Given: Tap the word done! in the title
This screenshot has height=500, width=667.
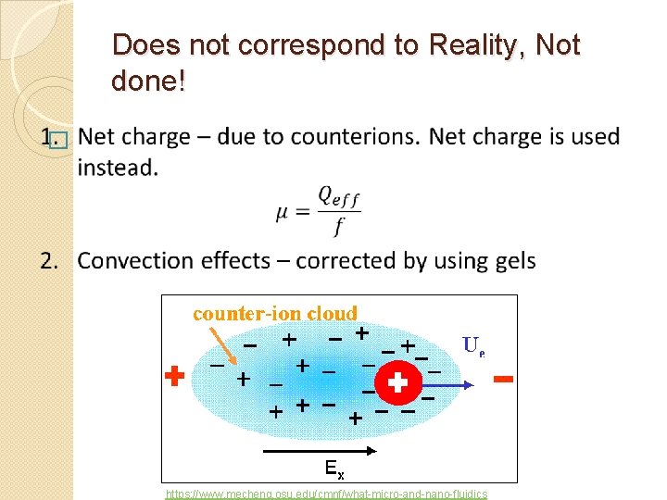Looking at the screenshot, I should (x=148, y=81).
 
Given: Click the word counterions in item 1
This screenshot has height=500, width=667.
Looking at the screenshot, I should (x=363, y=136).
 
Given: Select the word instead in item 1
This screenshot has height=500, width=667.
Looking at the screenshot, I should (x=118, y=168).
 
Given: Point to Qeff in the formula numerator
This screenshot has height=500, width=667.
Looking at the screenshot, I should (x=338, y=195).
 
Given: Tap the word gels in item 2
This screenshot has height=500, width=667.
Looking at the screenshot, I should (x=511, y=260).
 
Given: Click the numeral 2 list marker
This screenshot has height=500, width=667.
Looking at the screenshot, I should (x=48, y=260).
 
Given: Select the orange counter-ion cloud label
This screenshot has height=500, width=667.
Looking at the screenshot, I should (x=275, y=313).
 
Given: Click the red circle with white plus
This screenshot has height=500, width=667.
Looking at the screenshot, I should (x=398, y=381).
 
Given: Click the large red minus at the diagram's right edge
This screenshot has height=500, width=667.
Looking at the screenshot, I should (x=504, y=379).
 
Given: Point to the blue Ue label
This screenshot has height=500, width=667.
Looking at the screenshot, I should (x=473, y=346).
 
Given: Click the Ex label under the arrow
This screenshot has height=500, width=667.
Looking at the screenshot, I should (x=335, y=467).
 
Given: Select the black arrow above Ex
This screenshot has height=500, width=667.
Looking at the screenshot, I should (x=320, y=451).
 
